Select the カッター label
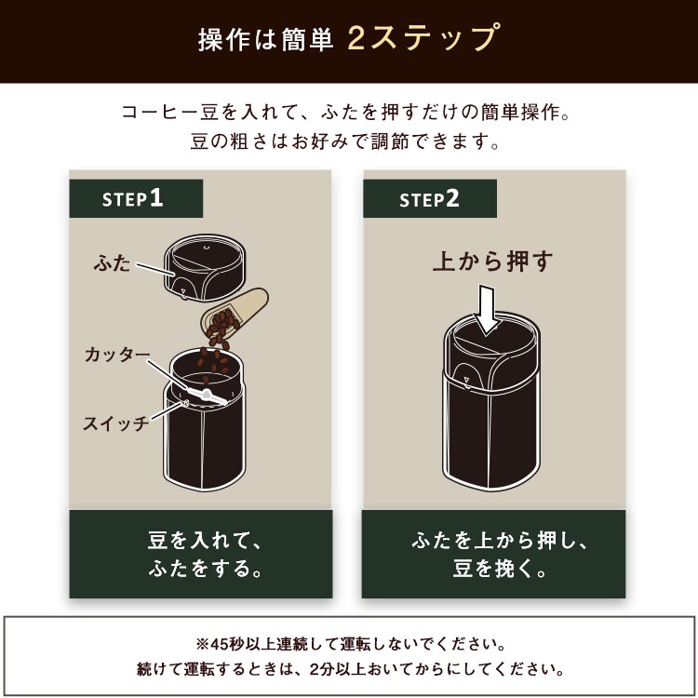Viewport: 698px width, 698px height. [x=115, y=355]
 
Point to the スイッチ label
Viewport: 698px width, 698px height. [x=114, y=424]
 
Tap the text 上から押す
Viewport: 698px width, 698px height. [x=492, y=261]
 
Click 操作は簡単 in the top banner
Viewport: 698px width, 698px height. [x=265, y=41]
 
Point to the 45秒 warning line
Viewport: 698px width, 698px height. [x=349, y=644]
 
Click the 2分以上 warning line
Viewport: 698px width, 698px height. [x=349, y=668]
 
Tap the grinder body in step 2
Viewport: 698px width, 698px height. [x=494, y=428]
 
